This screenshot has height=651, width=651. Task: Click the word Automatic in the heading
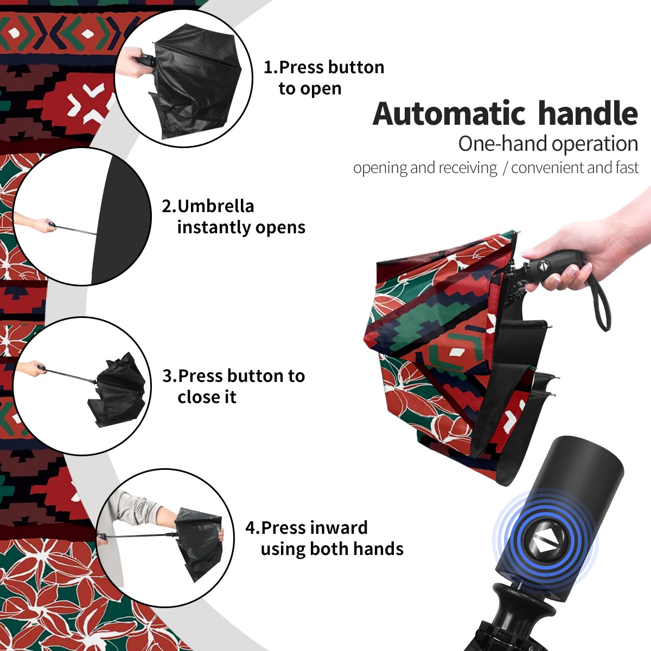coord(449,114)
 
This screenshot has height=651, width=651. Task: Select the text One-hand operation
coord(548,144)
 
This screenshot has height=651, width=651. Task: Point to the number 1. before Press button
coord(271,67)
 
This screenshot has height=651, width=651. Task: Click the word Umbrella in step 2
coord(215,206)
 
